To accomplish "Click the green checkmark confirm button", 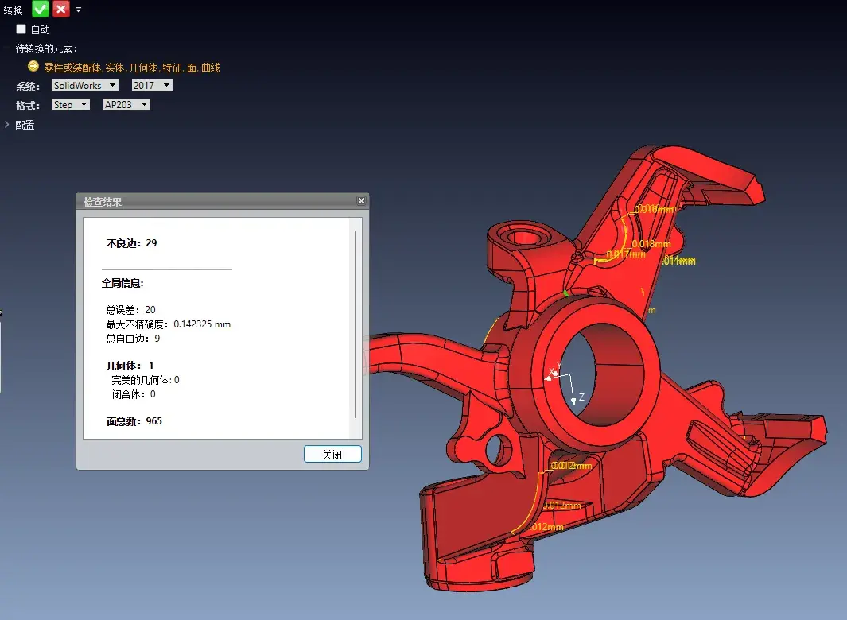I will coord(41,9).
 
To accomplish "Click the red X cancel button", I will coord(61,9).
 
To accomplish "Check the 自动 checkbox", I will coord(21,29).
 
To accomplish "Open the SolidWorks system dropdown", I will coord(85,85).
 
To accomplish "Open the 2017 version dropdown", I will coord(152,85).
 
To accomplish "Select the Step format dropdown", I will coord(71,105).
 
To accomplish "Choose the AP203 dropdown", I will coord(126,105).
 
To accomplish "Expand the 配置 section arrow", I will coord(7,125).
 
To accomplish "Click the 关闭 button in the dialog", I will coord(332,454).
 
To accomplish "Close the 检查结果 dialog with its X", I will coord(361,201).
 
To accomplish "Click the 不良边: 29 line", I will coord(131,242).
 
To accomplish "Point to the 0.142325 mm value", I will coord(202,324).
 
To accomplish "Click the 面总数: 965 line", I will coord(134,420).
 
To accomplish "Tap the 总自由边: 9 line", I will coord(133,339).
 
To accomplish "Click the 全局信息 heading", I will coord(122,283).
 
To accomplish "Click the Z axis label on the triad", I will coord(581,397).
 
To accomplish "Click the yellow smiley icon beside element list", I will coord(33,67).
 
